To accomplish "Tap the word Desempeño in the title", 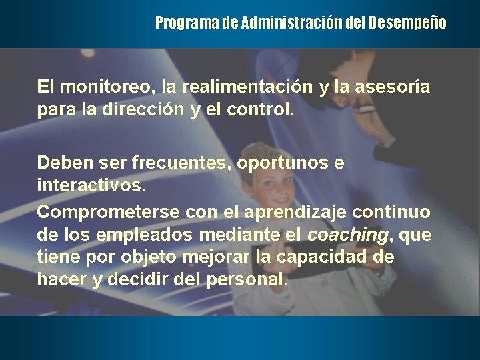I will (408, 24).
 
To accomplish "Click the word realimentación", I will (242, 87).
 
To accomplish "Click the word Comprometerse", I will (108, 212).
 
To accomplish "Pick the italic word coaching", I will (347, 235).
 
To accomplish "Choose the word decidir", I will (137, 279).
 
